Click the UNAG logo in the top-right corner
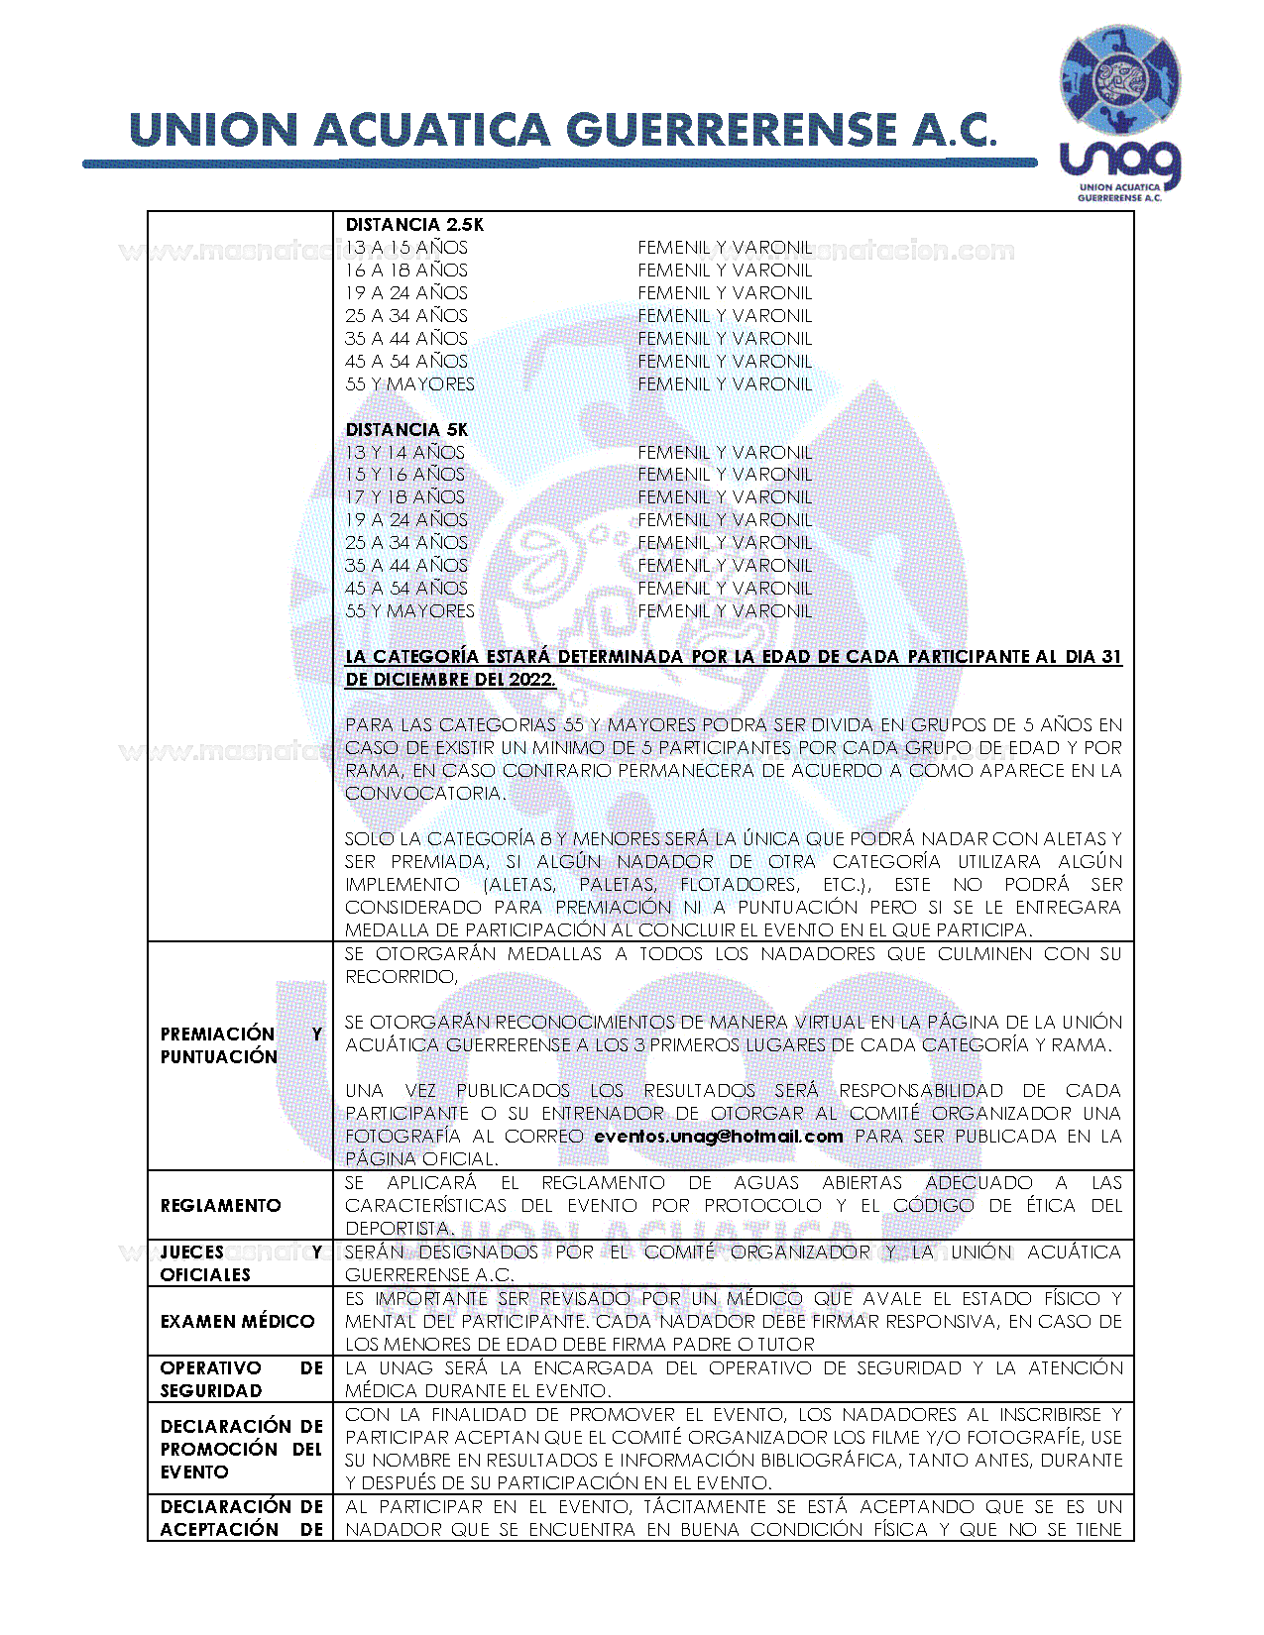tap(1120, 116)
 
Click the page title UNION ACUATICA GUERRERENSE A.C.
tap(562, 132)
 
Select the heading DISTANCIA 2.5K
tap(414, 225)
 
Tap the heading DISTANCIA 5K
tap(406, 429)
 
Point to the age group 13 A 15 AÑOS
tap(406, 248)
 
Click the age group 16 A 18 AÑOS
tap(406, 271)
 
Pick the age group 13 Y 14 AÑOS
tap(404, 452)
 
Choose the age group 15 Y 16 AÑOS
tap(404, 475)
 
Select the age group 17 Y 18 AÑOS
tap(404, 497)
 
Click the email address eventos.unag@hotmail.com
tap(719, 1137)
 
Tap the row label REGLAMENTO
tap(220, 1205)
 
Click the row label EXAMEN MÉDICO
tap(237, 1321)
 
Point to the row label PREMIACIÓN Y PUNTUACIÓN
tap(241, 1045)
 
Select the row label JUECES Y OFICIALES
tap(241, 1263)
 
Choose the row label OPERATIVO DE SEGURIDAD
tap(241, 1379)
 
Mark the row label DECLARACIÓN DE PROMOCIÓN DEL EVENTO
tap(241, 1449)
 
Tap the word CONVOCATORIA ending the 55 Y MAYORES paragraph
tap(424, 794)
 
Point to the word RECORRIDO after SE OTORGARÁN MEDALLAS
tap(400, 977)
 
